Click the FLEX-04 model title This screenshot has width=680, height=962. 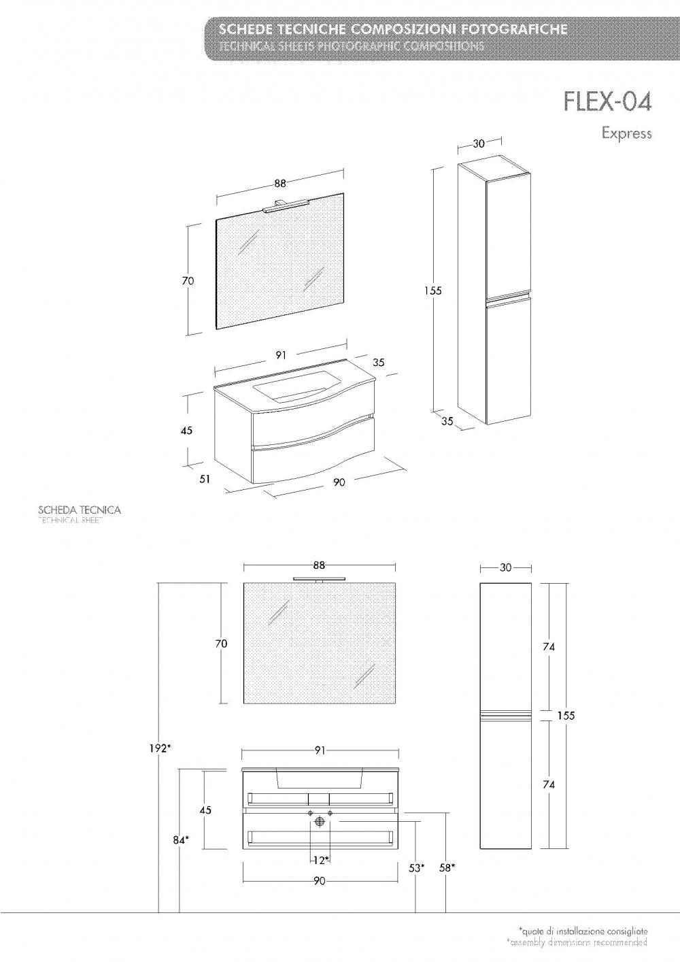click(607, 101)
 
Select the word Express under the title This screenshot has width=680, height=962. click(626, 133)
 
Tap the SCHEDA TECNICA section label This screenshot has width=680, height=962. click(80, 510)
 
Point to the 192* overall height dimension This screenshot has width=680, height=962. click(160, 748)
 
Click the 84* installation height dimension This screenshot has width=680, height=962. click(180, 840)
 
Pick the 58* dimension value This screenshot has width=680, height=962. click(447, 867)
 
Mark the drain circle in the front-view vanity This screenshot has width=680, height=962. click(320, 823)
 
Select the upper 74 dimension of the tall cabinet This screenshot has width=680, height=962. click(549, 647)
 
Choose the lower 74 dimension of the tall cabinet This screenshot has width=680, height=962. click(549, 784)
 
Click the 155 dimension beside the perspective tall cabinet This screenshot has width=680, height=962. click(432, 291)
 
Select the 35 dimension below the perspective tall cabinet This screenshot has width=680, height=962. click(447, 421)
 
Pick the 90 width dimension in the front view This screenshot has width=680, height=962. click(320, 881)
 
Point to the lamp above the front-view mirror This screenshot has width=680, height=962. click(320, 578)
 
